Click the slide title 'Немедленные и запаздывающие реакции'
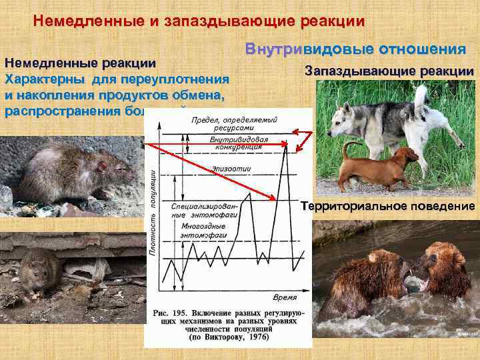click(199, 21)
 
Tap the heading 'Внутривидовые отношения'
click(355, 49)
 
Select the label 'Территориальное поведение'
click(388, 206)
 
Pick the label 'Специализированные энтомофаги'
click(198, 209)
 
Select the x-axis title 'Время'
click(285, 296)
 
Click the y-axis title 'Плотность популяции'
click(152, 213)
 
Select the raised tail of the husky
click(420, 100)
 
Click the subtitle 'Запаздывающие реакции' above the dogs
click(389, 71)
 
